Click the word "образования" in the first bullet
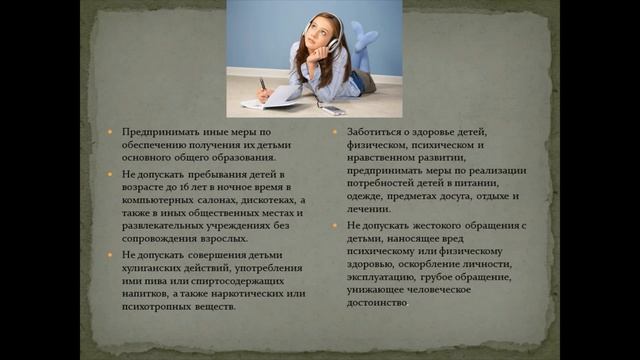[x=240, y=157]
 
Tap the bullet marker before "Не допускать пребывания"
[x=113, y=173]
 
